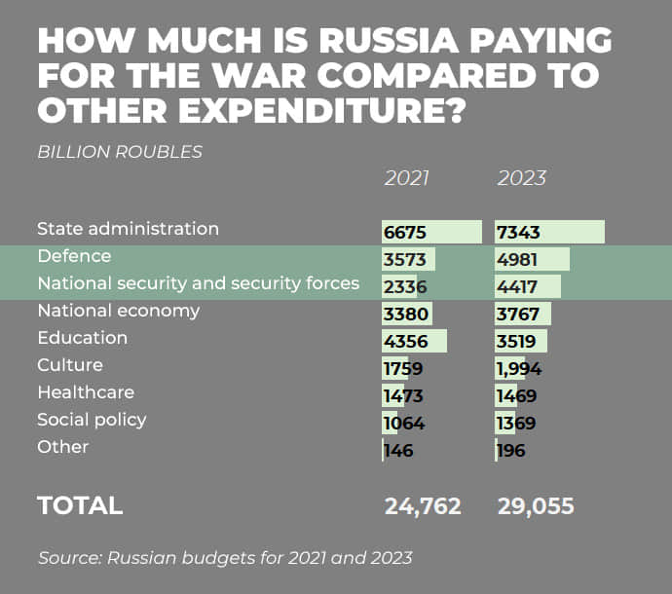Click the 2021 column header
407,179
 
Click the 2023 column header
522,179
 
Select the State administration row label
128,229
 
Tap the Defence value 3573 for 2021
405,260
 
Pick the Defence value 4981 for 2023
520,260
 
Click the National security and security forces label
198,283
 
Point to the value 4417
520,287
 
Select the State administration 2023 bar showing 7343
549,233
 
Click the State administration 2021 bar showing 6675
432,233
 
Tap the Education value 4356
405,342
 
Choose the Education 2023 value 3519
520,342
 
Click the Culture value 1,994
519,369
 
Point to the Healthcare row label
86,392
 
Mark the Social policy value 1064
404,424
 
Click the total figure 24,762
423,506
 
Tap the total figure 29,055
536,506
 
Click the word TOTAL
80,506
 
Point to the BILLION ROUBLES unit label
120,152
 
